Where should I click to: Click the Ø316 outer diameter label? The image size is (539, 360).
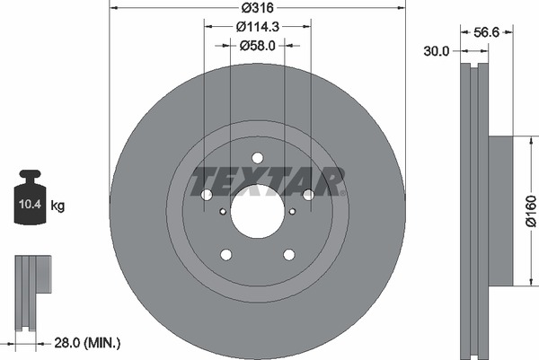point(257,7)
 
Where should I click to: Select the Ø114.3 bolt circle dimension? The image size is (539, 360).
point(258,26)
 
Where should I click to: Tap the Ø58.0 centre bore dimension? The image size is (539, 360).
point(258,46)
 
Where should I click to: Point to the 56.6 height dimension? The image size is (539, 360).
point(486,32)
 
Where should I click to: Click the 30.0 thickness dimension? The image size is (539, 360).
point(437,51)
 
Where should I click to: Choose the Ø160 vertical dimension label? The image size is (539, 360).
point(531,211)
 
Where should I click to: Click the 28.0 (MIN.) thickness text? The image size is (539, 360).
point(87,342)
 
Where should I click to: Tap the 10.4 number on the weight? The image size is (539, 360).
point(30,204)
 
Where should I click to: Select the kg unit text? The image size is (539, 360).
point(57,206)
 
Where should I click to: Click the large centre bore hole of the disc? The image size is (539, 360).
point(258,211)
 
